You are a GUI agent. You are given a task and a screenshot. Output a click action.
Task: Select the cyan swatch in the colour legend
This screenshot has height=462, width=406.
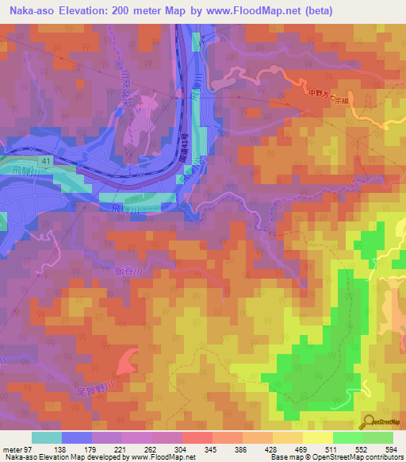[46, 437]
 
